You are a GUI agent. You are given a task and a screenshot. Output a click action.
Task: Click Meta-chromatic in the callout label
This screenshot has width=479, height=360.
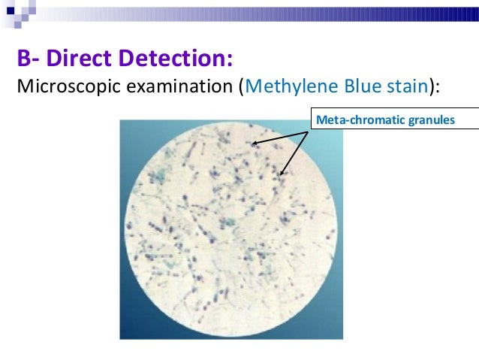pyautogui.click(x=350, y=119)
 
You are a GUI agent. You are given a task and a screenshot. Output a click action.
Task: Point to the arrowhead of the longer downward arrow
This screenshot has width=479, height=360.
pyautogui.click(x=283, y=174)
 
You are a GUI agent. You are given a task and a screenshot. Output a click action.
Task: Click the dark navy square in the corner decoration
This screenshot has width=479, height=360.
pyautogui.click(x=7, y=7)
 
